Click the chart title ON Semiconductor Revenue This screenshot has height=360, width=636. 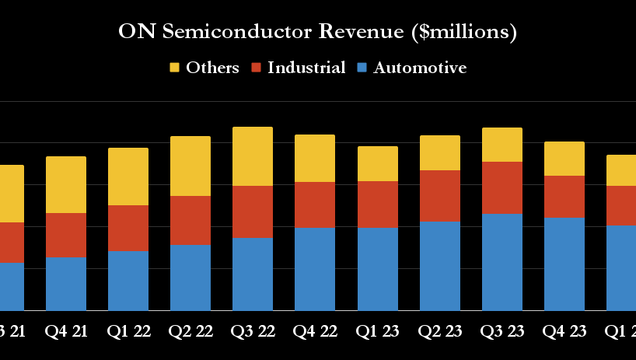click(x=317, y=32)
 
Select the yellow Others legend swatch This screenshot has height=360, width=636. click(x=175, y=68)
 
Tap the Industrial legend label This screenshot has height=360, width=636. click(x=306, y=68)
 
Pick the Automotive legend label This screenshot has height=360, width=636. click(x=420, y=68)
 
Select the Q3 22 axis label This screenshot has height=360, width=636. click(x=253, y=331)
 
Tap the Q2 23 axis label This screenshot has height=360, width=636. click(x=439, y=331)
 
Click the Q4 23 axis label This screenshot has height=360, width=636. click(x=564, y=331)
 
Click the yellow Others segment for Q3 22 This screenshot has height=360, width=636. click(x=253, y=156)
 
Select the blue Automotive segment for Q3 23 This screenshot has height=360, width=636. click(x=501, y=262)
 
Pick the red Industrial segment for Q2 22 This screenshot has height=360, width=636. click(x=190, y=220)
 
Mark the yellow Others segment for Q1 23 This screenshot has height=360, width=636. click(x=377, y=163)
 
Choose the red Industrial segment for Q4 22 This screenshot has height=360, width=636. click(x=315, y=204)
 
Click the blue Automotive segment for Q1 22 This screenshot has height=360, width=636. click(x=128, y=281)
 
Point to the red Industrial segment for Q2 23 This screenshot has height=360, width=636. click(x=439, y=196)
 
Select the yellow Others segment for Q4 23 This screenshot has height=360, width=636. click(x=564, y=159)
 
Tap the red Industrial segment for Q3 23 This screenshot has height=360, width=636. click(x=501, y=187)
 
